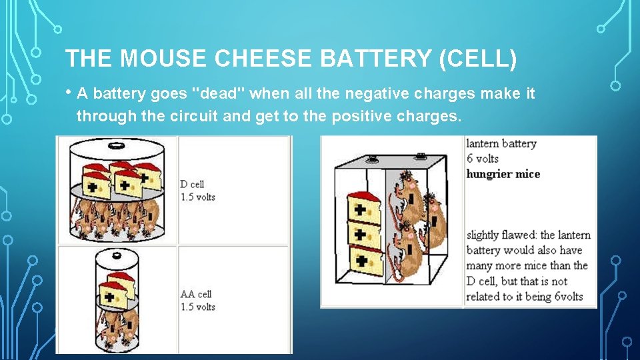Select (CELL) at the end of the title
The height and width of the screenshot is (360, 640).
pyautogui.click(x=477, y=59)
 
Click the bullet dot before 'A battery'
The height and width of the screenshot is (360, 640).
pyautogui.click(x=69, y=93)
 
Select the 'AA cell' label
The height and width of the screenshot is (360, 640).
pyautogui.click(x=196, y=294)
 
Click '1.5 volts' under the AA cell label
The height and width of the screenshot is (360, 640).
pyautogui.click(x=197, y=307)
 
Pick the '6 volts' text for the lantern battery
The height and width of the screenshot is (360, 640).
pyautogui.click(x=482, y=159)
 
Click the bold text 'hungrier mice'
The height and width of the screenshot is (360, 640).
pyautogui.click(x=503, y=174)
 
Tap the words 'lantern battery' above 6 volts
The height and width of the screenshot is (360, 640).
pyautogui.click(x=501, y=143)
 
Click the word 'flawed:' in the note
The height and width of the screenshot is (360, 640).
pyautogui.click(x=517, y=235)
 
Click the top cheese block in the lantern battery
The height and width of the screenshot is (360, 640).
pyautogui.click(x=363, y=207)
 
